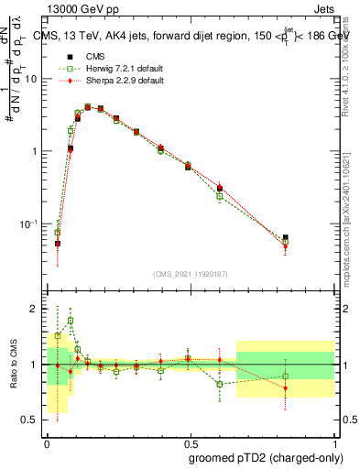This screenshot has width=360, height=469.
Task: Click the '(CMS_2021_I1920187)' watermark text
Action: pos(190,273)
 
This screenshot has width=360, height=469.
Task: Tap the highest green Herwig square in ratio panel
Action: pos(71,321)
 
